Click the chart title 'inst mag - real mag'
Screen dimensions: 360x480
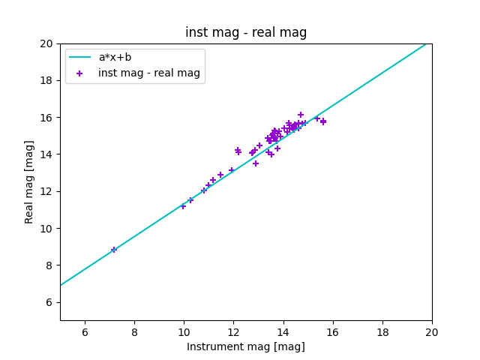point(246,32)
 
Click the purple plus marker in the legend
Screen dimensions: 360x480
point(79,73)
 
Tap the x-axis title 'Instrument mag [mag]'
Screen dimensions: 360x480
point(246,346)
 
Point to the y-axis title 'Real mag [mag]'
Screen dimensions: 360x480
point(30,181)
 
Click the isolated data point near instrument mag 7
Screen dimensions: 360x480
point(114,250)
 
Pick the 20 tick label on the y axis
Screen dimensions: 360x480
point(46,43)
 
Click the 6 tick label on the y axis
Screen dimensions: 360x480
point(49,302)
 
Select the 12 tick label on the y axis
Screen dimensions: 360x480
point(46,191)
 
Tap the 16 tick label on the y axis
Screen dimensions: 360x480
point(46,118)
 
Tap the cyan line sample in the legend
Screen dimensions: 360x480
point(79,57)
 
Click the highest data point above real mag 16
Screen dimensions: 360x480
point(301,115)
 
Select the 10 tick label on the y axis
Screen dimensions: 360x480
point(46,229)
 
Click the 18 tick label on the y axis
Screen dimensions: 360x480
point(46,80)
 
